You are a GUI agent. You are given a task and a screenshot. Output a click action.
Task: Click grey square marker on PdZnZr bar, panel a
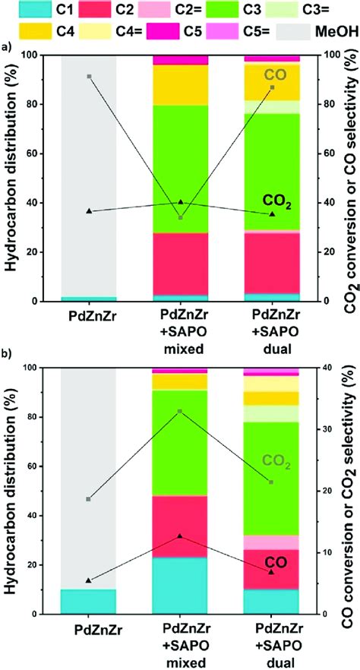coord(89,77)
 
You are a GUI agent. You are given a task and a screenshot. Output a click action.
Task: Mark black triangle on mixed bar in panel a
coord(181,201)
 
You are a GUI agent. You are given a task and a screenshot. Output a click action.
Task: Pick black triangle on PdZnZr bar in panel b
coord(89,580)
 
